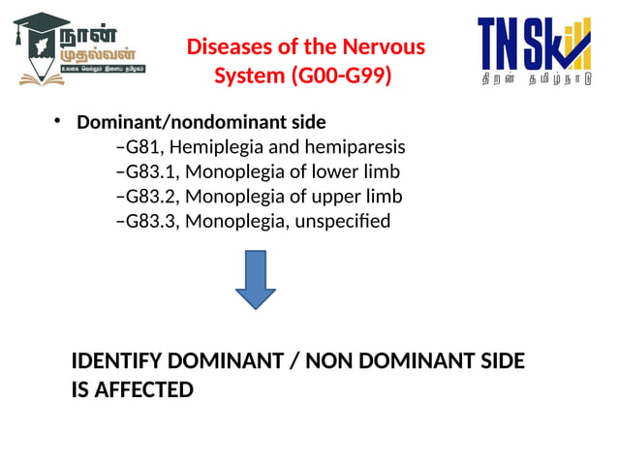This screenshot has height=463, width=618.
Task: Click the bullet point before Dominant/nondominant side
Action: click(x=57, y=121)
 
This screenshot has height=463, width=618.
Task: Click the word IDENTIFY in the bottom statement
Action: click(x=117, y=361)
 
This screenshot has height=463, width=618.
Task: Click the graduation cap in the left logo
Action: click(x=37, y=26)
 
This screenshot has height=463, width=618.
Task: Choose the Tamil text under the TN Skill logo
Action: click(x=536, y=82)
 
